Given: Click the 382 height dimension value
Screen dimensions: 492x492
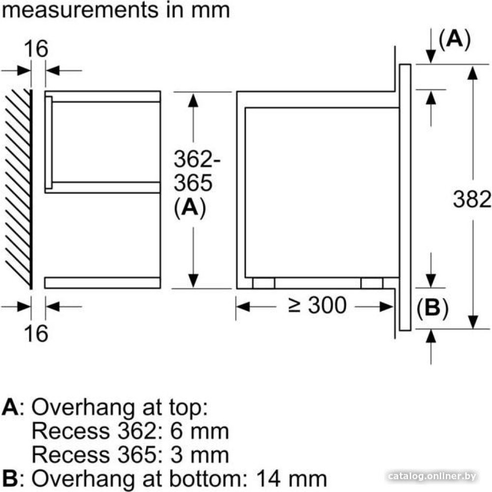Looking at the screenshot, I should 471,199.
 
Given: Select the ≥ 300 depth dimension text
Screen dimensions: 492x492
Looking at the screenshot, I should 317,306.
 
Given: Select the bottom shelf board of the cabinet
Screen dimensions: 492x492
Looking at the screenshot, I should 102,282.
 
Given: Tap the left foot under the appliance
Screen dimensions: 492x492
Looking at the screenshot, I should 263,283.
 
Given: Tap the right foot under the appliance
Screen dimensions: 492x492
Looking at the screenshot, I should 372,283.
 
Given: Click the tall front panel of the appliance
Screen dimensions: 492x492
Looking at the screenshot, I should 405,197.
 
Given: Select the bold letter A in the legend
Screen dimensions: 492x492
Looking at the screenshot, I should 11,408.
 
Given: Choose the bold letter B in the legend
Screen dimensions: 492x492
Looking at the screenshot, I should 10,477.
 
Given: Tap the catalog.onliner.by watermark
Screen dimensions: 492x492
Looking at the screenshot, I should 432,476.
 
